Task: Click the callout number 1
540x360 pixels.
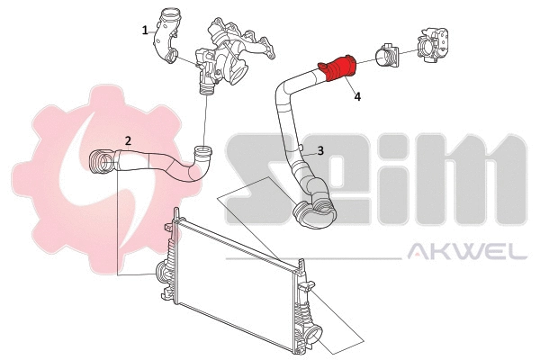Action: (x=145, y=30)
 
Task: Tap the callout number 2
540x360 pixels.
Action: (x=129, y=140)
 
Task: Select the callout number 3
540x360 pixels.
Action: (x=319, y=151)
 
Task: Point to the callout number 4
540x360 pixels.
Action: (x=357, y=96)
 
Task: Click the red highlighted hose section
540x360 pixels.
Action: (x=338, y=69)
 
